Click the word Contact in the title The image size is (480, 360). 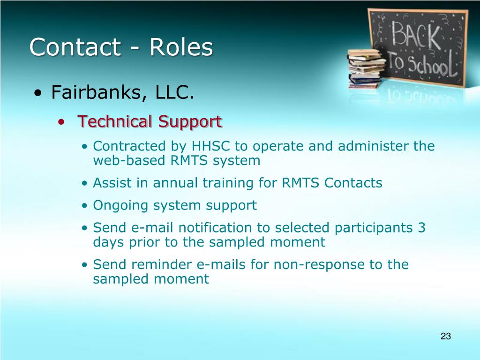(x=75, y=47)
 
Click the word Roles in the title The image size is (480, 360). (x=181, y=47)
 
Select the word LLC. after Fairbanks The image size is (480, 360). (x=174, y=92)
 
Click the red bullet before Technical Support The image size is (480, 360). (x=61, y=122)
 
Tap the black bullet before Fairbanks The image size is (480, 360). (x=37, y=93)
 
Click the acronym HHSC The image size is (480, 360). (x=210, y=146)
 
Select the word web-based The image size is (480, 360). (x=129, y=160)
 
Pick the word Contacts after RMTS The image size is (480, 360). (x=353, y=183)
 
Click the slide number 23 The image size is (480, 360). (x=446, y=336)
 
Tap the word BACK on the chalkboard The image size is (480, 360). (x=416, y=35)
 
